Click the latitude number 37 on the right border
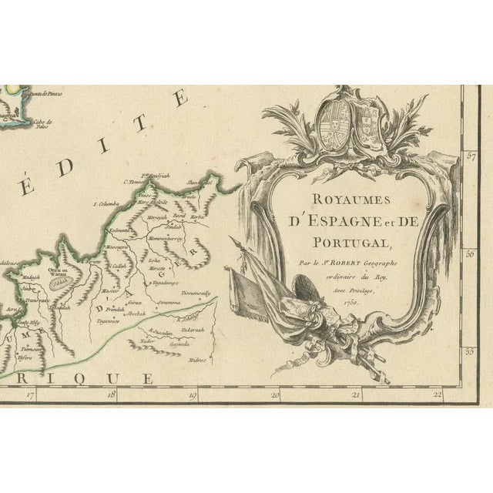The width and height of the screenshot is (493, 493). point(471,156)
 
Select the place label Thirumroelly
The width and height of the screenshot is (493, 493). point(197,293)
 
